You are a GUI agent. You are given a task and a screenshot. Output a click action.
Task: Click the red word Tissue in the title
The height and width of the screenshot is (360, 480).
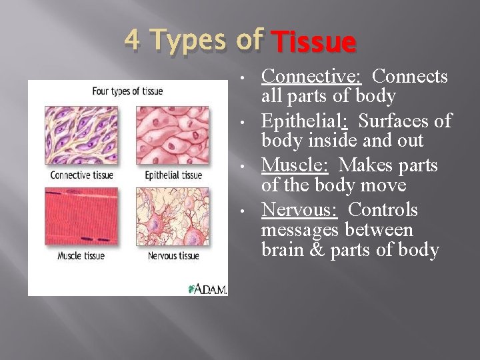(x=315, y=43)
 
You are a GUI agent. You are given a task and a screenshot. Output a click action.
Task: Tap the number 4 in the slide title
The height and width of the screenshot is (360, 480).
(x=133, y=40)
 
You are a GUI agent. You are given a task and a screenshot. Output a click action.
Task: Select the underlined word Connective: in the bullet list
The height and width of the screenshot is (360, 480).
(x=311, y=77)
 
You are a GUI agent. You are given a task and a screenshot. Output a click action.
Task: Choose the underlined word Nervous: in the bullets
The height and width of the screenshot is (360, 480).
(x=299, y=210)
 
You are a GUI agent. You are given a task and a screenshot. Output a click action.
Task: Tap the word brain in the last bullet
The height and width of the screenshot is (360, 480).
(x=281, y=250)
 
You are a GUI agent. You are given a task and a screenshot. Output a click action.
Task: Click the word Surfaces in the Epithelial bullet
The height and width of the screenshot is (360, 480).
(x=405, y=121)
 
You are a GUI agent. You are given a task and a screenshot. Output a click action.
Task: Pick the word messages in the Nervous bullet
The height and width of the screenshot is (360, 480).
(x=299, y=230)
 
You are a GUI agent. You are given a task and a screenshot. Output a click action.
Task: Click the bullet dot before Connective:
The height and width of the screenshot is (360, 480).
(x=248, y=78)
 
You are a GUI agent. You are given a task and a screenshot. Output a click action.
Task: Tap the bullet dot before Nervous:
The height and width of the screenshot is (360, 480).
(x=248, y=211)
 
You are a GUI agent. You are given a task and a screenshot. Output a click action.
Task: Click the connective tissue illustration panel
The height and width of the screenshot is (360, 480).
(x=80, y=137)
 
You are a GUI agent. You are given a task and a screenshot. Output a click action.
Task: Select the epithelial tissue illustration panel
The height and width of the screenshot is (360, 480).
(x=172, y=137)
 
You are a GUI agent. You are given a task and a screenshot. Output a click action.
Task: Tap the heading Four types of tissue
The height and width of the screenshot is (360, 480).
(x=128, y=91)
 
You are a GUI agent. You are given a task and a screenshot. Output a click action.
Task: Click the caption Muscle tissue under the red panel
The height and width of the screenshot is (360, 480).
(x=81, y=255)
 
